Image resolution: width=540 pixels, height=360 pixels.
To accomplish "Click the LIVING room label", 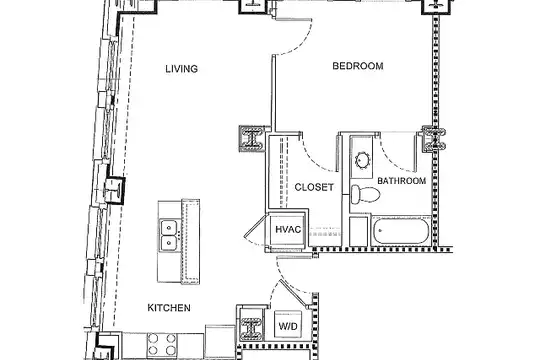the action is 181,69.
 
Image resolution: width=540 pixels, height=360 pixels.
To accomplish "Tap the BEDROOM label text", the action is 358,66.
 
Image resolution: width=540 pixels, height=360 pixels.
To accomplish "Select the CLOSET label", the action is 314,187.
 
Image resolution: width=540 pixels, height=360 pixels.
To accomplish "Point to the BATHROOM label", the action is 402,181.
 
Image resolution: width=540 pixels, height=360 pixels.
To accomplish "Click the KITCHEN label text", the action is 169,308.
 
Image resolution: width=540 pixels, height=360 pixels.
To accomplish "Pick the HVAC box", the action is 288,229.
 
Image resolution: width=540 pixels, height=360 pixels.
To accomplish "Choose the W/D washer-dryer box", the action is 288,325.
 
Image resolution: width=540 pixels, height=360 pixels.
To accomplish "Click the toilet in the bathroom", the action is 365,194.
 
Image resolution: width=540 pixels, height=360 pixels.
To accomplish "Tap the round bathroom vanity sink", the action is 362,161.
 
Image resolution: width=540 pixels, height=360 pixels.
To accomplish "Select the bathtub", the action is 402,231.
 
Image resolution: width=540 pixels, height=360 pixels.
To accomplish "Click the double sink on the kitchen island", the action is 169,236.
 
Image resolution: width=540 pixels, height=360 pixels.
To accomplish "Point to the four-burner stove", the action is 162,345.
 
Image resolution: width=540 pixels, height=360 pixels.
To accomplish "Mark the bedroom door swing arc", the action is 303,44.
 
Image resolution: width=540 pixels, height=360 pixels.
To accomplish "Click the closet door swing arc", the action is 315,159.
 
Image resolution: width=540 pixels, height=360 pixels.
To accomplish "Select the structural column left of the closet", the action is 252,138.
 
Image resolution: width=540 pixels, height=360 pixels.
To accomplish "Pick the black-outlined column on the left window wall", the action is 114,190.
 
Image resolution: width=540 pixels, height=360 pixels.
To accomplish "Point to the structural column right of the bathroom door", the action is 434,138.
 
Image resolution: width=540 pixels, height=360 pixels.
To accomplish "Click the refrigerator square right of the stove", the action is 221,340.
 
